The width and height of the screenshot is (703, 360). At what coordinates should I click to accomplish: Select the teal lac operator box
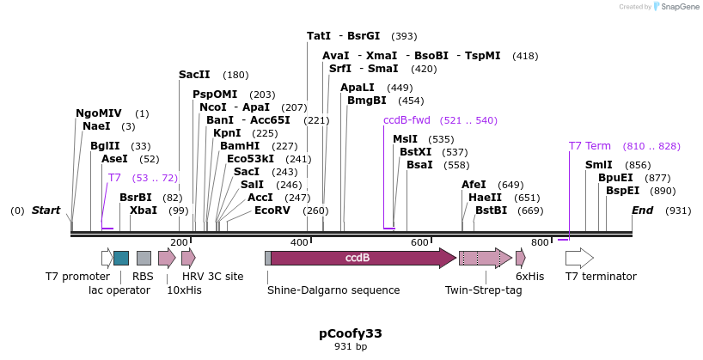121,258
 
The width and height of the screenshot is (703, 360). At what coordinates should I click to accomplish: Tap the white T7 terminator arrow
579,258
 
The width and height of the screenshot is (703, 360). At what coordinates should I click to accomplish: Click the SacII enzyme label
194,75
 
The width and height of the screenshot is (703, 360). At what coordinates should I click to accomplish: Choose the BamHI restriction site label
240,146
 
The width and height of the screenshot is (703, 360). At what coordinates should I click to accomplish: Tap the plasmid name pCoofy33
351,333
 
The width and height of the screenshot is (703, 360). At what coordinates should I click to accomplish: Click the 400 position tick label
299,242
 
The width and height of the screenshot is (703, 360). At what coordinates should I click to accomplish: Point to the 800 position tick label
540,242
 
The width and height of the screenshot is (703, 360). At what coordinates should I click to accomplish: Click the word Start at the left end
46,211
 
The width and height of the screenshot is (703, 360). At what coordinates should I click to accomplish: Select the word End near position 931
643,211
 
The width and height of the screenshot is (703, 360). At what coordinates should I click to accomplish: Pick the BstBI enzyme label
492,211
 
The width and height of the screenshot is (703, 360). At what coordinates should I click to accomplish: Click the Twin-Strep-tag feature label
483,290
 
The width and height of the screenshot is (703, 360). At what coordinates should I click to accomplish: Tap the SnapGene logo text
680,7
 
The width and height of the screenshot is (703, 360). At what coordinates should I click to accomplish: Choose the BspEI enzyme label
622,191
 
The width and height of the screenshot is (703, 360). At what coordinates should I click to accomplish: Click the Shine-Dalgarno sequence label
333,290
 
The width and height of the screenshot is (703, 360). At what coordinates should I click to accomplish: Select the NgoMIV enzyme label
99,113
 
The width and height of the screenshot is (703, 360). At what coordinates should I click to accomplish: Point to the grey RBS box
144,258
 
